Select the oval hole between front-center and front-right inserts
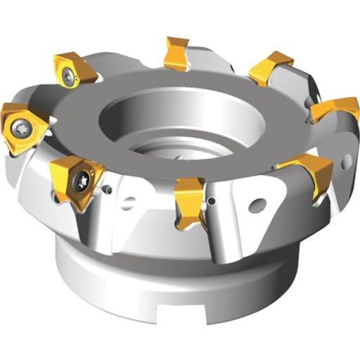click(x=257, y=207)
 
